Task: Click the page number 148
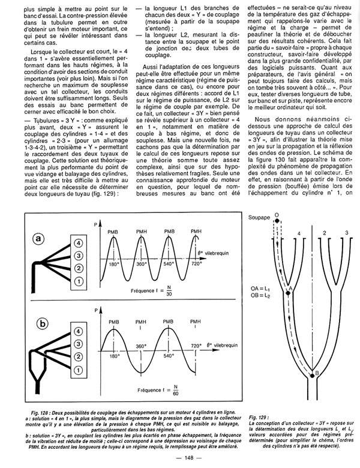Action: pos(179,459)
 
